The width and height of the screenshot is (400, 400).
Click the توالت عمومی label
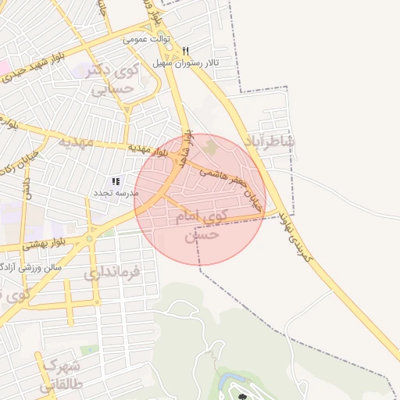point(145,37)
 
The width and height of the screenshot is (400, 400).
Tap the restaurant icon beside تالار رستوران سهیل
point(185,51)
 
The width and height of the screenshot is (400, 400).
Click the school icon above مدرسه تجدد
point(116,181)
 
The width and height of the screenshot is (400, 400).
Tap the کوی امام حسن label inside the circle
point(205,223)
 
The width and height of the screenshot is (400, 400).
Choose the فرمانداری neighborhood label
point(112,273)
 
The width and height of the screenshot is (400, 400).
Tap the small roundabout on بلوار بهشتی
point(90,237)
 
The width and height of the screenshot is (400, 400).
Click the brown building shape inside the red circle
point(209,146)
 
